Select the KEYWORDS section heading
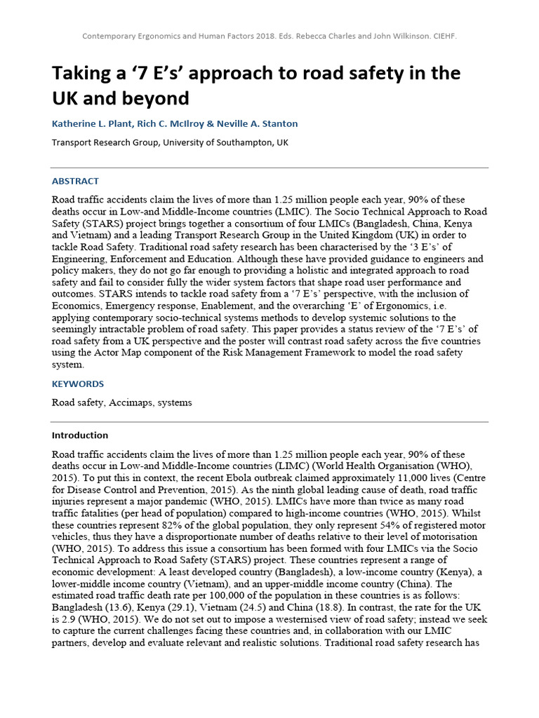pyautogui.click(x=78, y=384)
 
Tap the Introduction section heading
pyautogui.click(x=80, y=435)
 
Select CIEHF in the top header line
pyautogui.click(x=443, y=36)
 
